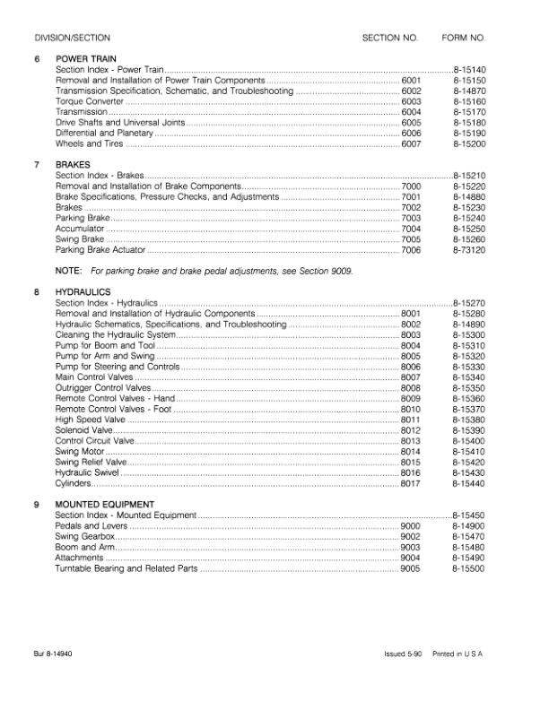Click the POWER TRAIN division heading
click(x=85, y=58)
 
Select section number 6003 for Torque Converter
click(x=411, y=101)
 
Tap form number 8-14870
click(x=468, y=91)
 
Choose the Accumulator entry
click(x=80, y=229)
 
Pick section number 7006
click(x=411, y=250)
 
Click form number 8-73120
click(x=468, y=250)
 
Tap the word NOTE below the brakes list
click(x=68, y=270)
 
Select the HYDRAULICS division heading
click(x=83, y=292)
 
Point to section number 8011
click(x=411, y=420)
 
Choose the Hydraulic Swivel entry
click(x=87, y=472)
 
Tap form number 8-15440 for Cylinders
click(x=468, y=483)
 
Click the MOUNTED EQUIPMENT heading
click(x=105, y=505)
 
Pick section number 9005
click(x=411, y=568)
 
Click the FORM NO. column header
click(x=464, y=39)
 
